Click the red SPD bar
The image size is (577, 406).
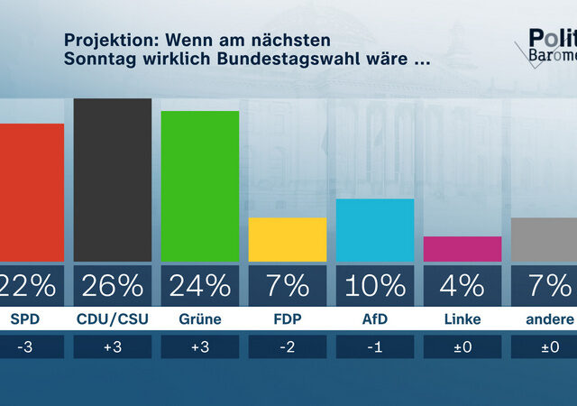32,192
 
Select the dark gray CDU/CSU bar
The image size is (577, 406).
112,180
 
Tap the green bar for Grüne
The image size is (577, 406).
199,186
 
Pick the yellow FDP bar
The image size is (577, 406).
287,239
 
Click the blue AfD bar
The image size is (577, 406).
374,230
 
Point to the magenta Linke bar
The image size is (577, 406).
462,249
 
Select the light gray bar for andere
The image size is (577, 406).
543,239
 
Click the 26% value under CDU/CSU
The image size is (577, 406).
112,286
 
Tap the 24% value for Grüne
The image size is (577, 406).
199,286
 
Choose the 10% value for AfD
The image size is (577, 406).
374,286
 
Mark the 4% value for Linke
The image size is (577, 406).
462,286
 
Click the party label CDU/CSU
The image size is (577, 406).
112,319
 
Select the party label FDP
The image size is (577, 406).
287,319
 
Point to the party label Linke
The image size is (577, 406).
462,319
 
